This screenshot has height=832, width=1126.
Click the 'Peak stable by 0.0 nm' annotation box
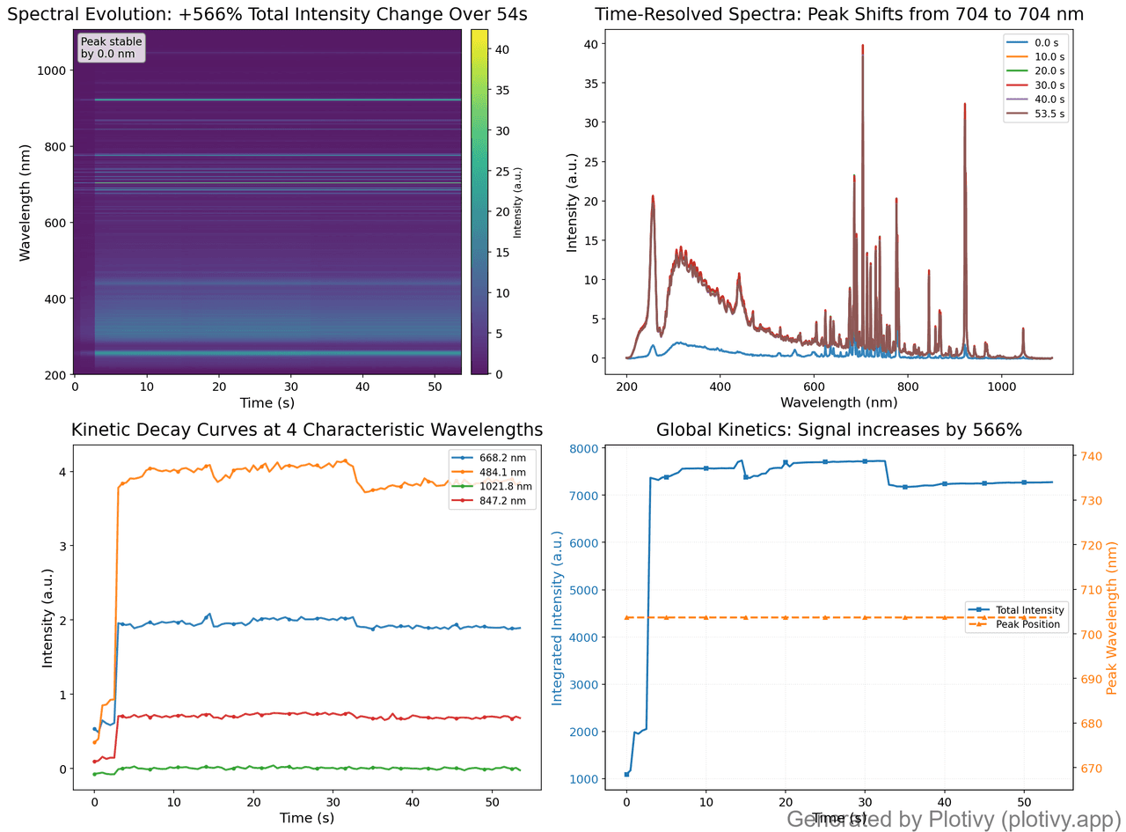[111, 48]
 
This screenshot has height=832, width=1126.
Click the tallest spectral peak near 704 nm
[862, 47]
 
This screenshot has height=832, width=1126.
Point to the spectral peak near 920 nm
[965, 105]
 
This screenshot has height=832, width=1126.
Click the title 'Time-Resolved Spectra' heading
[838, 14]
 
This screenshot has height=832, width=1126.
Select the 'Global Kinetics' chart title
[838, 430]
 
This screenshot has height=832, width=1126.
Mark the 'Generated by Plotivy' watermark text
[955, 819]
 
